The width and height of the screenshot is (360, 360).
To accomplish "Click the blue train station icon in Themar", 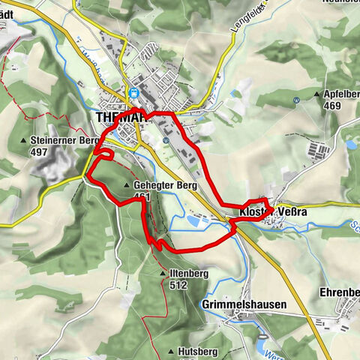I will coord(133,94).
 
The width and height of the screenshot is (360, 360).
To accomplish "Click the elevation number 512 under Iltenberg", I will coord(178,285).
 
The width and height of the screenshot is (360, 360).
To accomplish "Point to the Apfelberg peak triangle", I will coord(318,95).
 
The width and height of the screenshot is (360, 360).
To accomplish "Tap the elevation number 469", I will coord(333,106).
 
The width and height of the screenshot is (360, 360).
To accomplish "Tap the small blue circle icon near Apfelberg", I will coord(297,99).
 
